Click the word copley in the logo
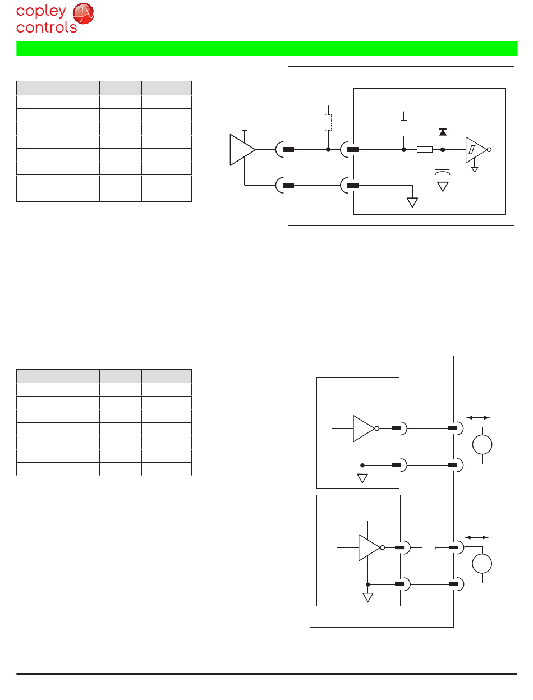pos(41,12)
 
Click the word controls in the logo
pos(47,27)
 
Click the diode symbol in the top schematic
pos(443,132)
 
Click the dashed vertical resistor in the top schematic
pos(328,123)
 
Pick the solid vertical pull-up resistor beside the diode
pos(403,128)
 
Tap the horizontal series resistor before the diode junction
pos(424,150)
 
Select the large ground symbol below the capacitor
pos(443,186)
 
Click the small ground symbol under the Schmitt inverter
pos(475,168)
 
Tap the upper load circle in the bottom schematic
pos(482,445)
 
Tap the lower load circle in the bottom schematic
pos(482,563)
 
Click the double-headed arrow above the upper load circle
pos(478,417)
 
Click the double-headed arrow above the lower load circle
pos(477,537)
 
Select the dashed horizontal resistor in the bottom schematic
pos(429,547)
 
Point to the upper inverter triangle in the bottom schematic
pos(362,429)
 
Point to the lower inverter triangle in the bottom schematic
pos(369,547)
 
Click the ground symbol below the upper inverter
pos(362,478)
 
